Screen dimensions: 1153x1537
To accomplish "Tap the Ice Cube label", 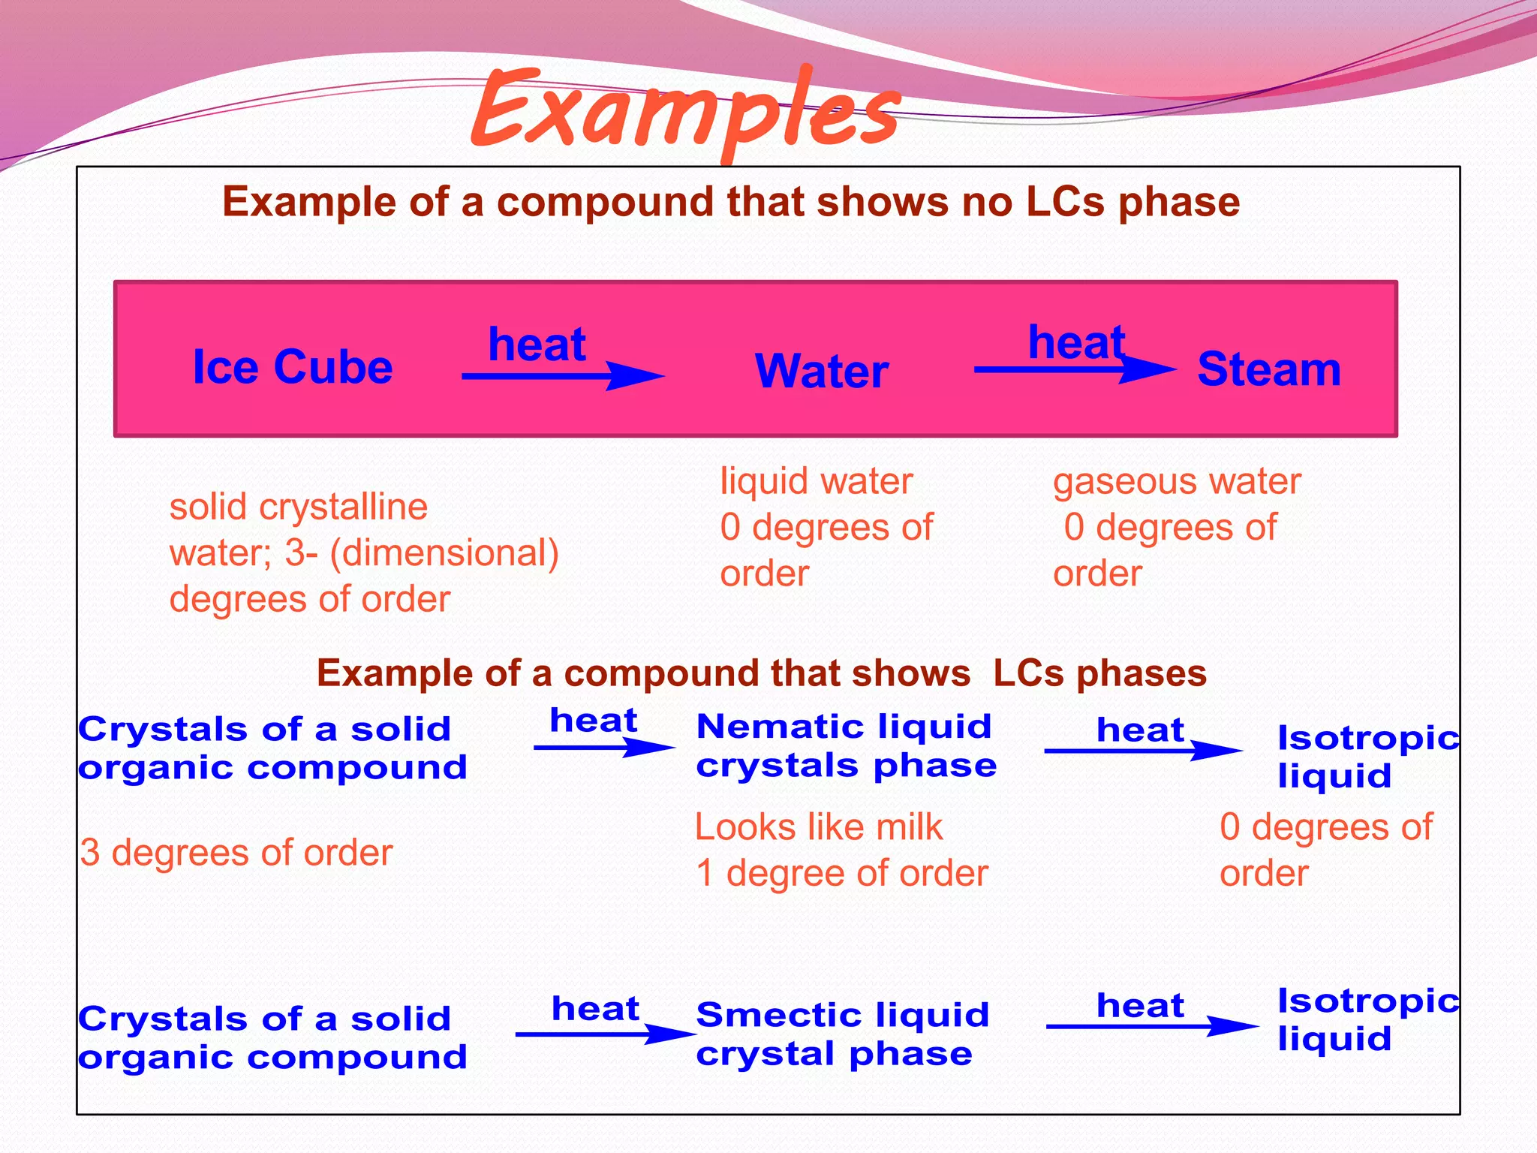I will pos(293,367).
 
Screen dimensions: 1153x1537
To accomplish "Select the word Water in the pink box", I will pos(822,371).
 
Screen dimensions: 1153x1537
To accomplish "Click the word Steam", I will pos(1268,369).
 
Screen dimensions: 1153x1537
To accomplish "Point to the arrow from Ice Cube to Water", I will pos(563,375).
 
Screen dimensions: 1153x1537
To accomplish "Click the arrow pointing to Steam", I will pos(1073,369).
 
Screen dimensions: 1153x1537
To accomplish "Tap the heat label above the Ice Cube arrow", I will pos(537,345).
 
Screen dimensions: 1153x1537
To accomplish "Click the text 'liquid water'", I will pos(817,481).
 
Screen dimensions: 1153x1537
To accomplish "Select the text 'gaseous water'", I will pos(1177,481).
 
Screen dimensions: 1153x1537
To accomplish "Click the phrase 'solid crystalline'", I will pos(299,507).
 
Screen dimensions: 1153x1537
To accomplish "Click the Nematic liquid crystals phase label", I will pos(846,746).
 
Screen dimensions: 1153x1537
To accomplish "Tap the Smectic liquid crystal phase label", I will pos(842,1034).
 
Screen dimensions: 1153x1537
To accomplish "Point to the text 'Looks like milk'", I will pos(818,827).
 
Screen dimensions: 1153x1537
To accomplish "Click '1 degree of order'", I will pos(841,874).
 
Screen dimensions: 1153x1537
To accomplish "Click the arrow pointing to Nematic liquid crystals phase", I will pos(604,748).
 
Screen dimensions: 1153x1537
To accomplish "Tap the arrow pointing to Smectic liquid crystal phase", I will pos(604,1034).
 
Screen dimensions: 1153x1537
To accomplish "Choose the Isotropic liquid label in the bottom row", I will pos(1367,1019).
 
